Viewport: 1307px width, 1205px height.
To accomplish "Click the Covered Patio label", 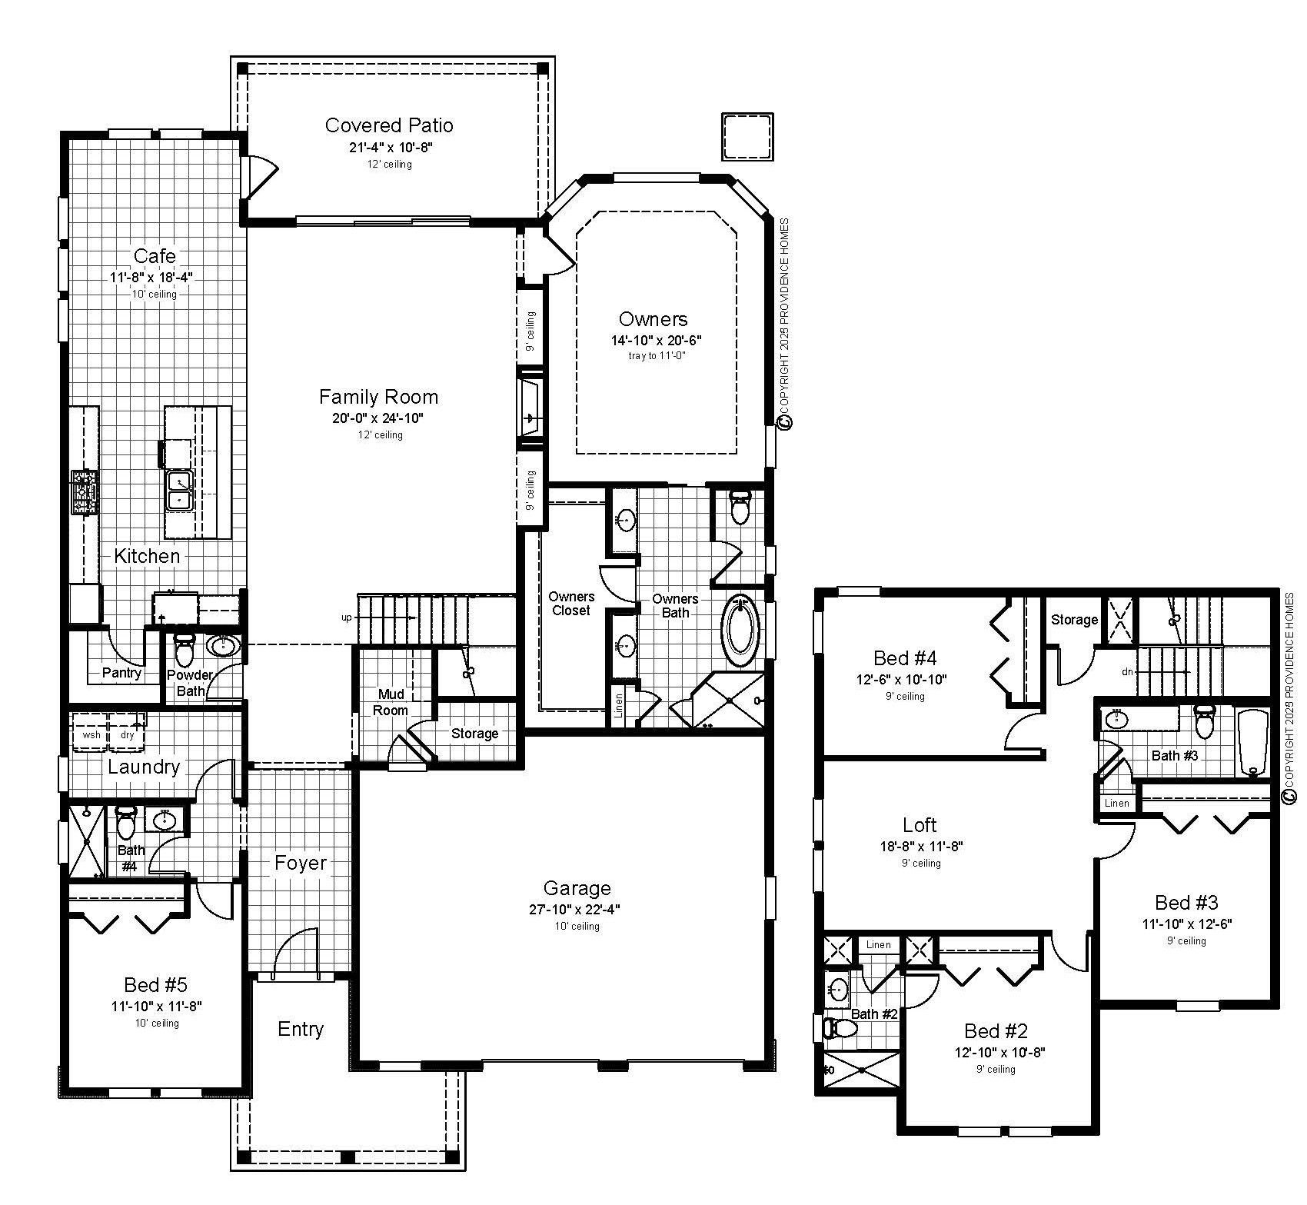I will click(389, 125).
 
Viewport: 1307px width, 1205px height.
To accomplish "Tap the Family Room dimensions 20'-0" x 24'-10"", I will click(378, 418).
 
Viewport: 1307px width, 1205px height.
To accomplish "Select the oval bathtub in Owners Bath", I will click(740, 631).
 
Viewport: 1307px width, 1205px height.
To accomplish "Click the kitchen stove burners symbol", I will click(85, 492).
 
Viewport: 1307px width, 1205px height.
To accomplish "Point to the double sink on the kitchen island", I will click(178, 491).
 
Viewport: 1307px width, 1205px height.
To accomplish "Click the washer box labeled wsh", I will click(91, 734).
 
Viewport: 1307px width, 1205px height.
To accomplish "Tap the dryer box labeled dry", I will click(128, 734).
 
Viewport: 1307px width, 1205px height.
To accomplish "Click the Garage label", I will click(577, 888).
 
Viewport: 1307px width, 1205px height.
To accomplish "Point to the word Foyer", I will click(301, 863).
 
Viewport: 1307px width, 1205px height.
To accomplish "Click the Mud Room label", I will click(391, 702).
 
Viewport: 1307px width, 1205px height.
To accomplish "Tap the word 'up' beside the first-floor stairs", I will click(347, 617).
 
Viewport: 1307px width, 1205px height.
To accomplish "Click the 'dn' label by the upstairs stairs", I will click(1128, 671).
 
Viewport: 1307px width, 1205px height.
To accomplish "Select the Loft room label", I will click(920, 825).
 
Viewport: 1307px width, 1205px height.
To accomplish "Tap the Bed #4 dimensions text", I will click(901, 680).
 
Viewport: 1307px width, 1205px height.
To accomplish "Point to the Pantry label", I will click(121, 673).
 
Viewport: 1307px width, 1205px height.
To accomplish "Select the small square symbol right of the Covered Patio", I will click(747, 137).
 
